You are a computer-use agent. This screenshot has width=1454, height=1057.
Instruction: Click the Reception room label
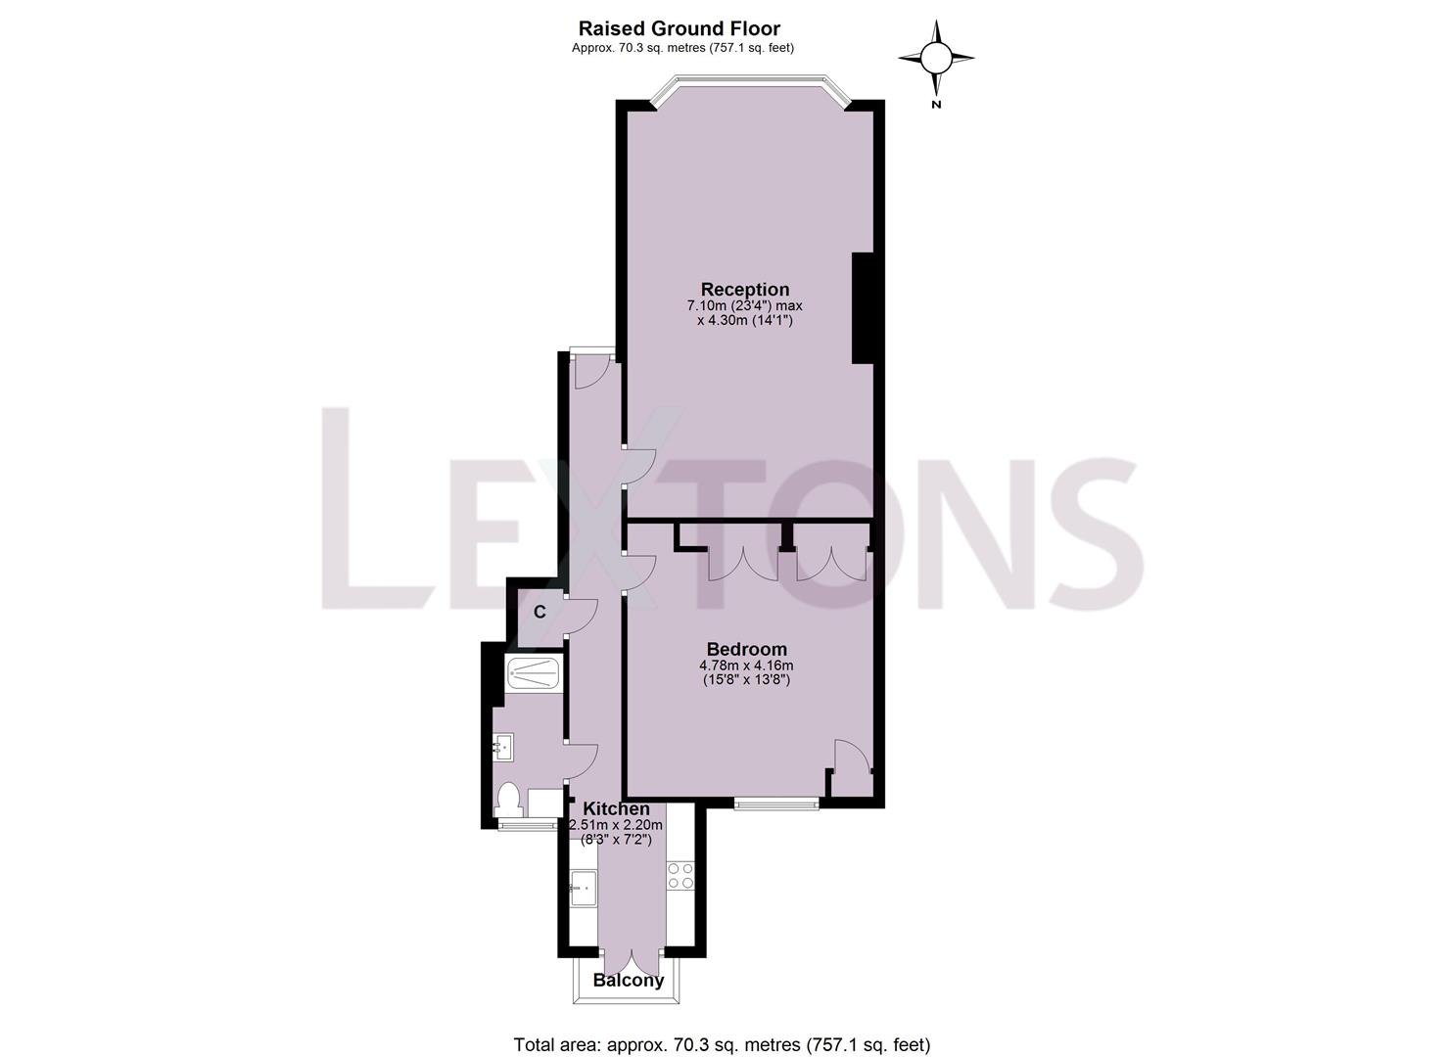point(744,290)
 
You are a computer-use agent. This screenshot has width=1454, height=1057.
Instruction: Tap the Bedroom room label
point(746,649)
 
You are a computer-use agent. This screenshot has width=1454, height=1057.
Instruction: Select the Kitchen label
point(616,808)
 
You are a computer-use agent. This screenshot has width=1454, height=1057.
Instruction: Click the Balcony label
point(629,980)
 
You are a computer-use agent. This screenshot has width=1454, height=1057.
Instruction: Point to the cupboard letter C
point(539,613)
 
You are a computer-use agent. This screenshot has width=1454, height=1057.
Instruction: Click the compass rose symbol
point(936,59)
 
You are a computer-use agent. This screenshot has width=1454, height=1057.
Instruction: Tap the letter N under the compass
point(936,105)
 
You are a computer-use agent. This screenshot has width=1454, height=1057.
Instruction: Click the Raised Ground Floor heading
point(679,28)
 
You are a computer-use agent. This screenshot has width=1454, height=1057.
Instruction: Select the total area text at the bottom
point(722,1044)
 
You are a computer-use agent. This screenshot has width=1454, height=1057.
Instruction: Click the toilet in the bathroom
point(509,801)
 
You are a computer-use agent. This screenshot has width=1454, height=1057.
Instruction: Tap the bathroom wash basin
point(503,749)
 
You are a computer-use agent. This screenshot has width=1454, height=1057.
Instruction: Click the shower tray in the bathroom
point(534,674)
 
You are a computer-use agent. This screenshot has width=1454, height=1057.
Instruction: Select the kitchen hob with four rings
point(680,875)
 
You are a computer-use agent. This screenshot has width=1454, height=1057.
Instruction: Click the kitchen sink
point(583,889)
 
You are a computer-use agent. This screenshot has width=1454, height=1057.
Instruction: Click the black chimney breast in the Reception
point(863,308)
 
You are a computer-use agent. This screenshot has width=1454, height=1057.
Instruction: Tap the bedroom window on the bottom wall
point(776,804)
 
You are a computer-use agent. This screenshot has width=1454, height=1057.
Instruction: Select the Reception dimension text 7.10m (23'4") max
point(744,306)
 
